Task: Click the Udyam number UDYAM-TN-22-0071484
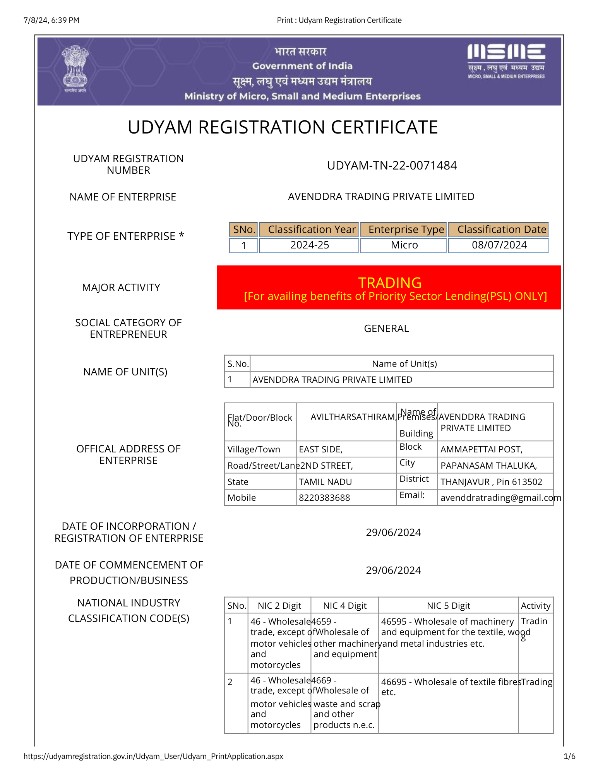(392, 166)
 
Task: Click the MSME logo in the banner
(506, 61)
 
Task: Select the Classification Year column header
(311, 229)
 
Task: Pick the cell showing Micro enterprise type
(404, 245)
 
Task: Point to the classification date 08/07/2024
(499, 245)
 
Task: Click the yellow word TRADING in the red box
(389, 283)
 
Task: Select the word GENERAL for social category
(386, 329)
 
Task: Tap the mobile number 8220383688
(324, 498)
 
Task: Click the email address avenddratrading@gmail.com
(500, 498)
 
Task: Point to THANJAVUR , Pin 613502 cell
(491, 482)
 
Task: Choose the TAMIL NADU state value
(325, 482)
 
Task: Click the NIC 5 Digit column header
(448, 606)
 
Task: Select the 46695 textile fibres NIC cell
(448, 687)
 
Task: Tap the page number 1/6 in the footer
(569, 756)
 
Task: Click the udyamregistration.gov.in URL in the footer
(153, 756)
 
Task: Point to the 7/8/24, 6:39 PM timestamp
(51, 20)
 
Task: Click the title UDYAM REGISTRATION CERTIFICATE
(283, 127)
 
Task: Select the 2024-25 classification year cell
(310, 245)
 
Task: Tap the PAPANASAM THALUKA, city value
(488, 466)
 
